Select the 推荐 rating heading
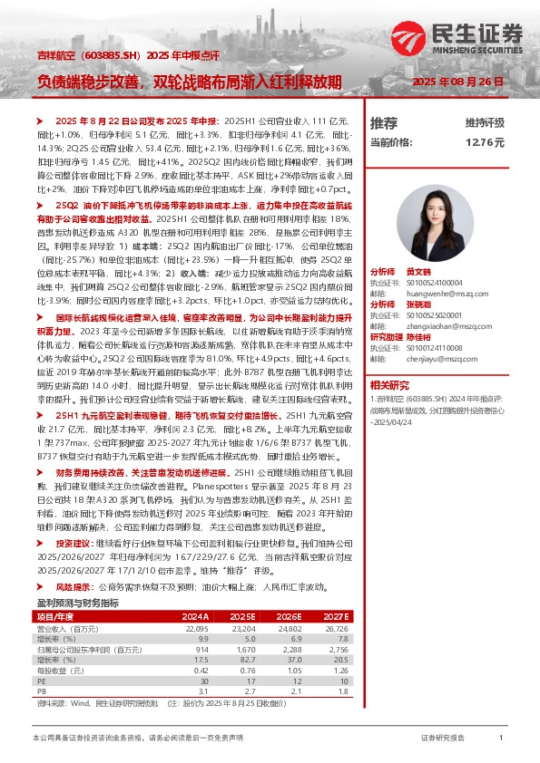point(384,122)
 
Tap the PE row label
point(42,679)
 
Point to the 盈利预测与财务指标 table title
point(77,603)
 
